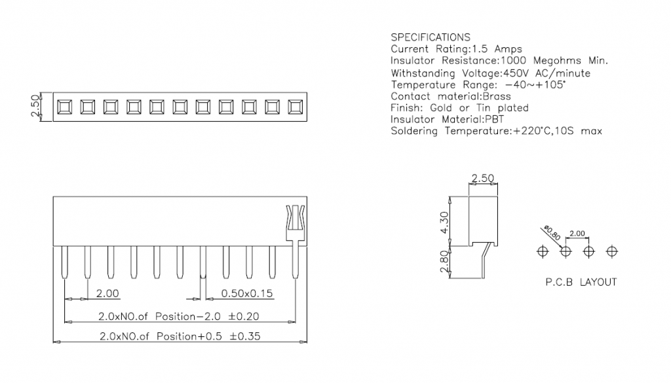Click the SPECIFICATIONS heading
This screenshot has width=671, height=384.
pyautogui.click(x=430, y=37)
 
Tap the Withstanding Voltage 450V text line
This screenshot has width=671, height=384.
pyautogui.click(x=490, y=73)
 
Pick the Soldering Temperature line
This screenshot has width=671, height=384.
pyautogui.click(x=496, y=131)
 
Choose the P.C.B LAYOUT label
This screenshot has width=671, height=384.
pyautogui.click(x=581, y=283)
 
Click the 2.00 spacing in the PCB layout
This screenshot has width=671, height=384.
pyautogui.click(x=578, y=234)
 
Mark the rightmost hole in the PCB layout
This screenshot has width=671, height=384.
pyautogui.click(x=612, y=251)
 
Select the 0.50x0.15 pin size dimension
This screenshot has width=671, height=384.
pyautogui.click(x=248, y=294)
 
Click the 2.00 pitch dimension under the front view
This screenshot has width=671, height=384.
pyautogui.click(x=107, y=294)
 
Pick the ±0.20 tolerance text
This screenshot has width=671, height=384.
pyautogui.click(x=244, y=317)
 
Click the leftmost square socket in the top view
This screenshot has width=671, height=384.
pyautogui.click(x=64, y=107)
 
